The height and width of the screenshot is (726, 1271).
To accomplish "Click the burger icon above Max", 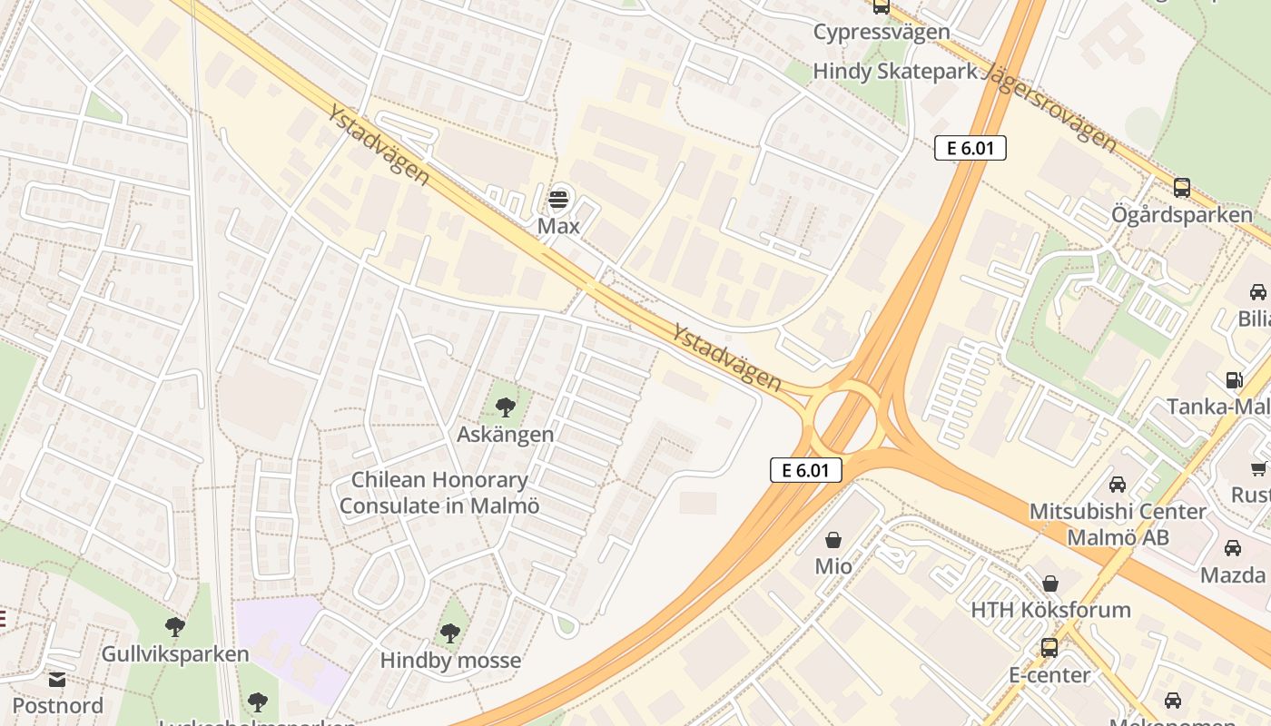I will [x=558, y=199].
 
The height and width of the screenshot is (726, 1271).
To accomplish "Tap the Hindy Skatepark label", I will [x=894, y=72].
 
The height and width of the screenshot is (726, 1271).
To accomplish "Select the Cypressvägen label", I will [x=881, y=33].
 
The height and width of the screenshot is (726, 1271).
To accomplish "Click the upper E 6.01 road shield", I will [x=970, y=148].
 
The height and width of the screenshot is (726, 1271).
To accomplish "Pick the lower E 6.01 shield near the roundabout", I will [x=806, y=469].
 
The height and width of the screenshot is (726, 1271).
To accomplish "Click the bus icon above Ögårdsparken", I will [x=1181, y=188].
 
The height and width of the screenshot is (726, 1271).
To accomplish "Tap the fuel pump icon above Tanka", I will [x=1234, y=379].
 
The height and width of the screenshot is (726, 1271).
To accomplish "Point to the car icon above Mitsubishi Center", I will [x=1118, y=484].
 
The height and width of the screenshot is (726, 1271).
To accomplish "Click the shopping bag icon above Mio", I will [x=833, y=540].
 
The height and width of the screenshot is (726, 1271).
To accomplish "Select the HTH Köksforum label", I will [x=1050, y=610].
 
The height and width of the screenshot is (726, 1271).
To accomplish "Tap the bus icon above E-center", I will [x=1049, y=648].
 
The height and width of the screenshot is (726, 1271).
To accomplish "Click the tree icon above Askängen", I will [x=506, y=407].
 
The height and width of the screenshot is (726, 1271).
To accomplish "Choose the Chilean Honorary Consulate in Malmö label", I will [x=439, y=493].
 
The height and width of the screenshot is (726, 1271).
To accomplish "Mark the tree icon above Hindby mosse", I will [x=450, y=633].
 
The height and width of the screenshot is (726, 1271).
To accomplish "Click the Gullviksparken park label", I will [x=175, y=654].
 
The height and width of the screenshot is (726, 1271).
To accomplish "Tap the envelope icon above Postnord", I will [x=57, y=679].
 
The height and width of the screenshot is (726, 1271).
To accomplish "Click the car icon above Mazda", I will [x=1233, y=548].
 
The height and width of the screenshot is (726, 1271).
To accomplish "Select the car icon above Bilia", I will [x=1257, y=292].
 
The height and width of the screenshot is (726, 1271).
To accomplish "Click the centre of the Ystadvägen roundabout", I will [x=844, y=419].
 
